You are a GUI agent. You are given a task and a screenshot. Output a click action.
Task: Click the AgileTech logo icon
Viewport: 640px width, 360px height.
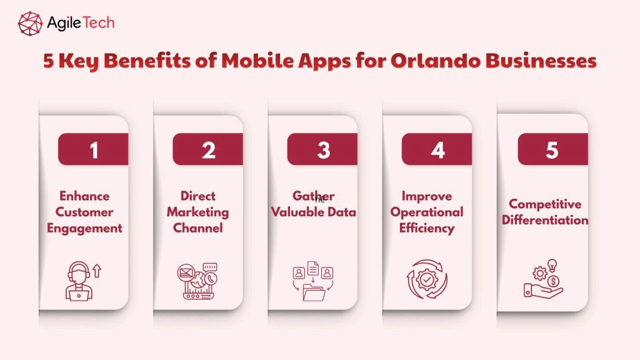pos(30,22)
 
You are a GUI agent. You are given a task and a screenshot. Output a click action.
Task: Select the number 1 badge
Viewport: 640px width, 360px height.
pos(94,150)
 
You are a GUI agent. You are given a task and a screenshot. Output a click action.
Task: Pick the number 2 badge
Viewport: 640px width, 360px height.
pos(208,150)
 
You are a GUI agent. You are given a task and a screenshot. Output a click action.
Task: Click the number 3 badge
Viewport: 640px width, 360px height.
pos(322,150)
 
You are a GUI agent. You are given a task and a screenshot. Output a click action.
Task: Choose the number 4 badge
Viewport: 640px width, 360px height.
pos(437,150)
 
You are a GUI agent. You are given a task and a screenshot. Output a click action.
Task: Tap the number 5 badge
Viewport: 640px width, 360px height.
pos(552,150)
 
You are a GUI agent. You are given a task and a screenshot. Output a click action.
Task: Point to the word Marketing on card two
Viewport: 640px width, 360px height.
pos(197,212)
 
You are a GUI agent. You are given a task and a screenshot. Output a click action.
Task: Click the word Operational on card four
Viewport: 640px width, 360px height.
pos(427,212)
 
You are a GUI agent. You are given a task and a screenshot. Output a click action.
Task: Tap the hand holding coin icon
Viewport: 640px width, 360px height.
pos(542,281)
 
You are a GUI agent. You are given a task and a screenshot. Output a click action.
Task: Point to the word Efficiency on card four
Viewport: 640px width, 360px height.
pos(427,228)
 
